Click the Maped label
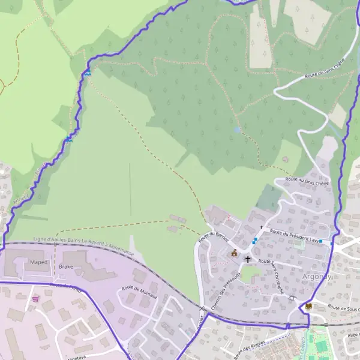click(x=38, y=262)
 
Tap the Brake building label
click(x=67, y=266)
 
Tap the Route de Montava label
click(x=139, y=292)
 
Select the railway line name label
click(x=84, y=241)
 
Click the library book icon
click(x=308, y=305)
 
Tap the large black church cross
click(x=247, y=259)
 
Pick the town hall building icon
click(x=233, y=253)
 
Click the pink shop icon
click(x=35, y=298)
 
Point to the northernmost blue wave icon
click(x=88, y=73)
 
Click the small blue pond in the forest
click(x=238, y=129)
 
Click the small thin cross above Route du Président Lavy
click(x=261, y=227)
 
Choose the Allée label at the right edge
click(x=352, y=335)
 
